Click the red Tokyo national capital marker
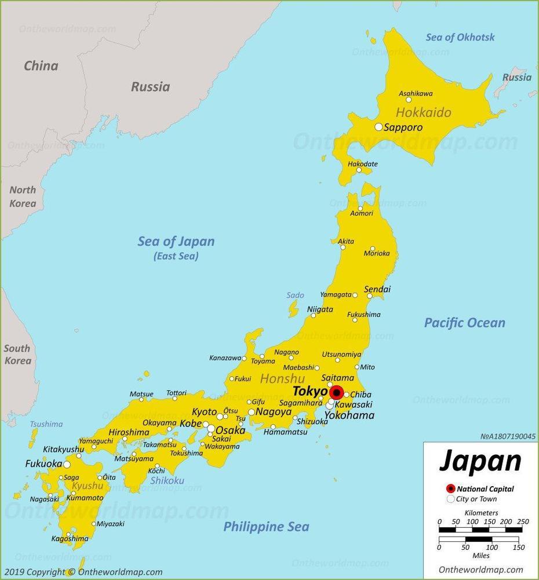click(336, 392)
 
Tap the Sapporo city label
click(403, 127)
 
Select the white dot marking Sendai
click(370, 296)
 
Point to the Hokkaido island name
click(423, 112)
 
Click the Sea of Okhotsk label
click(460, 37)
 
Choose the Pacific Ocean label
click(464, 323)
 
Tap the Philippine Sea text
click(266, 527)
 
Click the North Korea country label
click(23, 196)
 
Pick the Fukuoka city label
click(43, 464)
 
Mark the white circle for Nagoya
click(252, 413)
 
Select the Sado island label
click(295, 296)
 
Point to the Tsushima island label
click(46, 424)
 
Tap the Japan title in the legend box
click(480, 461)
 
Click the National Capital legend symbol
click(450, 488)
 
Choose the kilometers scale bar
click(480, 530)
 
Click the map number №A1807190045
click(508, 436)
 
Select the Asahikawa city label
click(416, 93)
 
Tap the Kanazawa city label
click(225, 358)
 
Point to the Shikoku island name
click(167, 480)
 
